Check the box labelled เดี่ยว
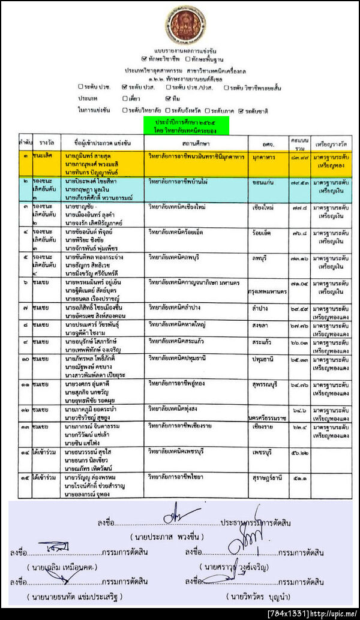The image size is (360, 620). (125, 98)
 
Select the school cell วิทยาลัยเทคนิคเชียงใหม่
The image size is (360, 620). (183, 207)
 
